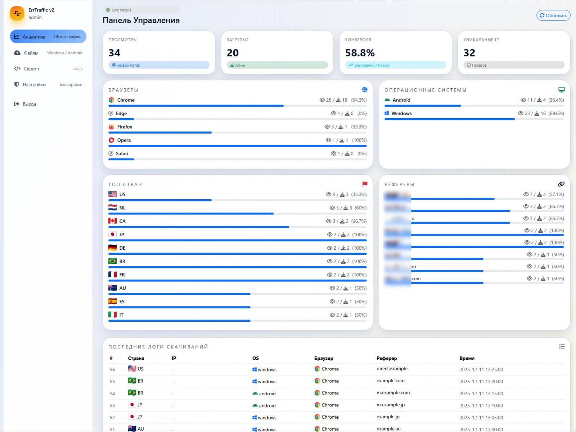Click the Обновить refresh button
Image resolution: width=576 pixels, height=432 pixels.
tap(553, 15)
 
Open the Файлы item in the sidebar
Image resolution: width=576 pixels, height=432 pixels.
tap(31, 53)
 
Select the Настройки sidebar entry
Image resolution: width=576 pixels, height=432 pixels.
tap(34, 85)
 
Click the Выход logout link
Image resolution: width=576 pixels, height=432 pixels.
tap(29, 104)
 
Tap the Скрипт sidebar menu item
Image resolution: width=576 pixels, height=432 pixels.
tap(31, 69)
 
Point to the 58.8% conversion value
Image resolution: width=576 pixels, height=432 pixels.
tap(360, 53)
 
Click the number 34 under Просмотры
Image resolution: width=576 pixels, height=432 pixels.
tap(114, 53)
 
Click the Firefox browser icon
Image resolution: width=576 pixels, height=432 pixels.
tap(112, 127)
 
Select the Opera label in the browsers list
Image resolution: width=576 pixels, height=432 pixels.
tap(124, 140)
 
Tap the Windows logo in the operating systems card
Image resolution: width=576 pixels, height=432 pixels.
tap(387, 113)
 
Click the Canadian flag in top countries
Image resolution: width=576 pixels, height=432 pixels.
tap(112, 221)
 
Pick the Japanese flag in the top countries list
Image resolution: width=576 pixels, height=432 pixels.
tap(112, 235)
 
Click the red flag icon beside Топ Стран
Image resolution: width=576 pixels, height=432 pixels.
tap(365, 184)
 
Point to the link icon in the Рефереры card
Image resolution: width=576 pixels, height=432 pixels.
tap(561, 184)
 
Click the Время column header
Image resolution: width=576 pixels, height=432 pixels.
tap(467, 358)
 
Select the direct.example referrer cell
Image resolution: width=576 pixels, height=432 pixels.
tap(392, 369)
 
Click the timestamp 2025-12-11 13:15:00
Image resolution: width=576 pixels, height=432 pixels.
tap(481, 393)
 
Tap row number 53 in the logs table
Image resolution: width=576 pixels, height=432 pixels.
tap(112, 406)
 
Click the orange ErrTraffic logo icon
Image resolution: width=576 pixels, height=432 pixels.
tap(17, 14)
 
